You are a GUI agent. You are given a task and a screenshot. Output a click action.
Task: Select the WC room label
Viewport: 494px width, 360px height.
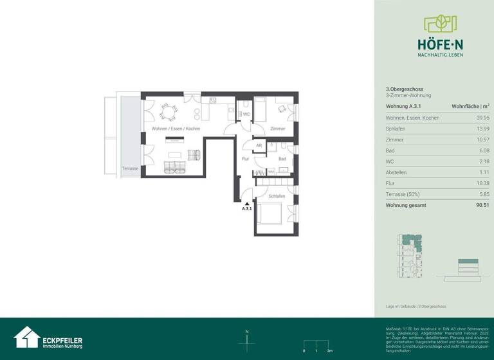(x=245, y=114)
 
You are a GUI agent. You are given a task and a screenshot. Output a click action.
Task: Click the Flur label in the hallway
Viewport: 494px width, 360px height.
(x=245, y=158)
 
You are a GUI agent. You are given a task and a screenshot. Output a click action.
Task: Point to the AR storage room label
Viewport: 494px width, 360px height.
(x=259, y=146)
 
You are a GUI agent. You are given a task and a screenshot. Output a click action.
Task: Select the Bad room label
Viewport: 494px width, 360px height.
(x=282, y=158)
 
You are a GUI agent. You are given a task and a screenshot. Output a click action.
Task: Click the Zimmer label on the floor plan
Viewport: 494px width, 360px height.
(x=277, y=129)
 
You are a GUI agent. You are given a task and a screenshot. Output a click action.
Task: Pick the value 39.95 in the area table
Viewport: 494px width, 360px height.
(x=482, y=118)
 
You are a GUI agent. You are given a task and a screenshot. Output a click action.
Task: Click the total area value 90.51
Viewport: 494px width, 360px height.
(x=482, y=205)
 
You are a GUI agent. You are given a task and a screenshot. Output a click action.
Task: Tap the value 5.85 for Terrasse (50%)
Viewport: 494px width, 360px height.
(x=484, y=194)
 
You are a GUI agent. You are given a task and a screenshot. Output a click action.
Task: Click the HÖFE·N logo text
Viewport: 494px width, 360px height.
(x=440, y=45)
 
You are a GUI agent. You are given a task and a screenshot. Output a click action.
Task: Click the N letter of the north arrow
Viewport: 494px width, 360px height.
(x=247, y=332)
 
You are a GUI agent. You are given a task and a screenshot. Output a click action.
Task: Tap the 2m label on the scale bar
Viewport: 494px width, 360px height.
(x=329, y=352)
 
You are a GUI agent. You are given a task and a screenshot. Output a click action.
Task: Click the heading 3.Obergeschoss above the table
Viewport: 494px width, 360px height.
(x=399, y=89)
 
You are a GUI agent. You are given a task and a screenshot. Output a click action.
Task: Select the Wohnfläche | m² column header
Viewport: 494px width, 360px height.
(x=470, y=106)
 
